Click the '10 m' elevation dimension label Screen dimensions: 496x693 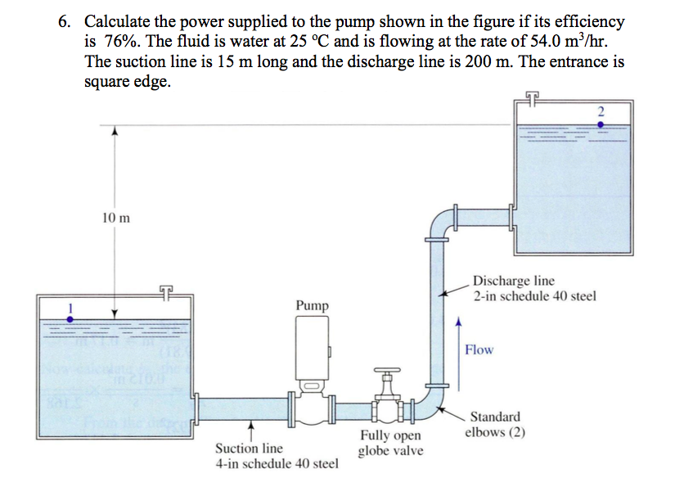pyautogui.click(x=116, y=218)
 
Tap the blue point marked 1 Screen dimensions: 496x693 pyautogui.click(x=70, y=319)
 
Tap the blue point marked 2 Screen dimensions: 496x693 pyautogui.click(x=601, y=124)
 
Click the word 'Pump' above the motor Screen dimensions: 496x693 pyautogui.click(x=313, y=305)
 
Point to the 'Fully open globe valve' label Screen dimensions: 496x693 pyautogui.click(x=390, y=444)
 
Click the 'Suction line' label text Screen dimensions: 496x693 pyautogui.click(x=249, y=449)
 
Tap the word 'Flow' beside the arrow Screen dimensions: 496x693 pyautogui.click(x=479, y=349)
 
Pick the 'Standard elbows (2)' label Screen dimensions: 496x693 pyautogui.click(x=495, y=425)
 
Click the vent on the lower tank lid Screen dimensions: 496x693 pyautogui.click(x=167, y=291)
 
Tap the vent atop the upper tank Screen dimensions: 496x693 pyautogui.click(x=533, y=100)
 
